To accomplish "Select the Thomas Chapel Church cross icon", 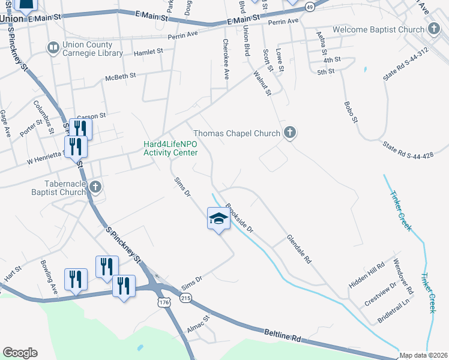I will (289, 133).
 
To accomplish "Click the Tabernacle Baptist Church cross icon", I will (95, 188).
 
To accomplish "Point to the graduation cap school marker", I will (219, 218).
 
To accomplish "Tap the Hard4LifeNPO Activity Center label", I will (170, 148).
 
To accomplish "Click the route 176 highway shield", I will (164, 304).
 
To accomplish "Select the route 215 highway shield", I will (186, 298).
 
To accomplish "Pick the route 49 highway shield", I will (309, 7).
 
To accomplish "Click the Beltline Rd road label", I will (282, 335).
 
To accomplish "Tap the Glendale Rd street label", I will (299, 249).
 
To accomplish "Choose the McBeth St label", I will (122, 77).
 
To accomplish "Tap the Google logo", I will (20, 353).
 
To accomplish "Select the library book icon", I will (53, 47).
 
